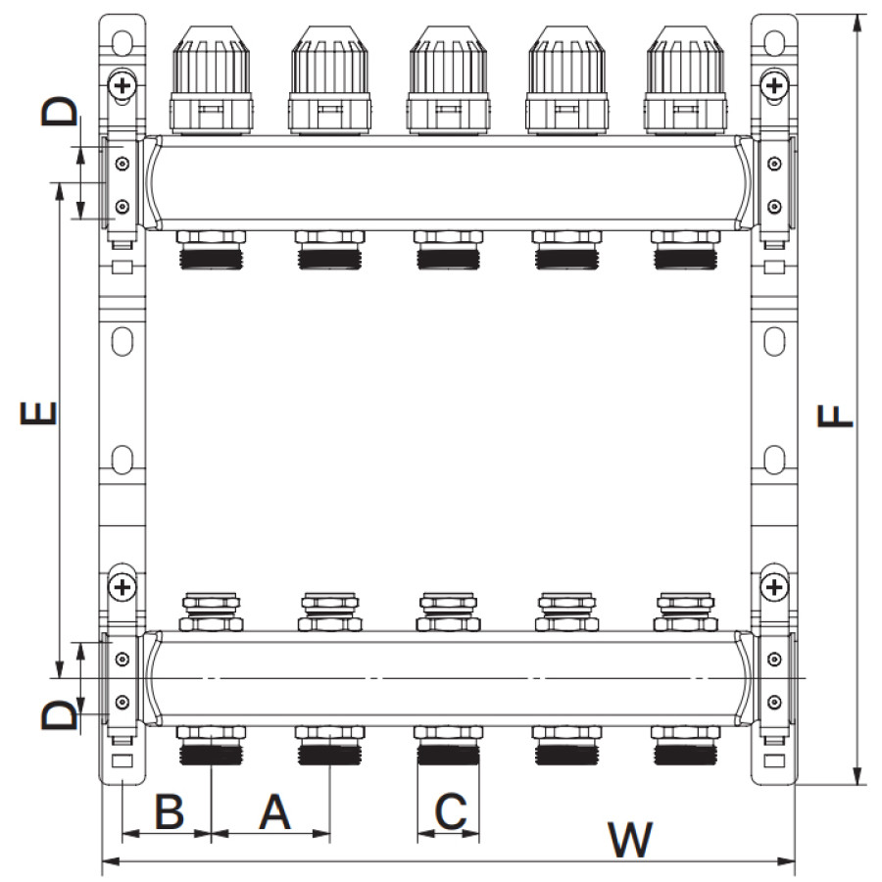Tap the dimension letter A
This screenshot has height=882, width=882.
[274, 812]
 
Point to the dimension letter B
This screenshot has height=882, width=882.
[168, 812]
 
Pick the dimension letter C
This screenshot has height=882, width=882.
[449, 812]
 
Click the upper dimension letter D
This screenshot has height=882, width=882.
[58, 111]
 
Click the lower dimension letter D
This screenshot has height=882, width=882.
[58, 715]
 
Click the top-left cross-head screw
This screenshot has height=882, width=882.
[122, 85]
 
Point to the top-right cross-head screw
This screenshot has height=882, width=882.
[774, 85]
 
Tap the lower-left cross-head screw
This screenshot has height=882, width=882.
[122, 587]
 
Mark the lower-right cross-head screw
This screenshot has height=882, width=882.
[774, 587]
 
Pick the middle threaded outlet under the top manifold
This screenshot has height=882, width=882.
[448, 251]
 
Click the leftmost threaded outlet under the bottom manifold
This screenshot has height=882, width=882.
[211, 748]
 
